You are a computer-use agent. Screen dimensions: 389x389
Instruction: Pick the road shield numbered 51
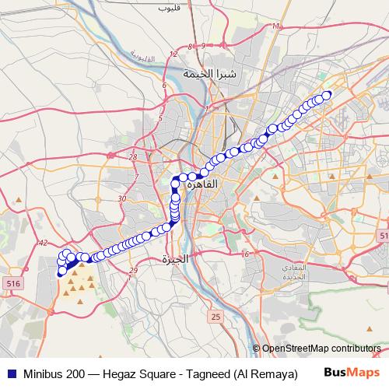click(x=383, y=235)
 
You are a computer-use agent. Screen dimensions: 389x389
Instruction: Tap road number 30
click(x=121, y=199)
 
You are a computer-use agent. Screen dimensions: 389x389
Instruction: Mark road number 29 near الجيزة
click(x=133, y=270)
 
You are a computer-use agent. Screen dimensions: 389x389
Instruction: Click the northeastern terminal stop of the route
click(x=327, y=95)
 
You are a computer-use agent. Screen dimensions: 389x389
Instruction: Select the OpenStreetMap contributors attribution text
click(x=321, y=349)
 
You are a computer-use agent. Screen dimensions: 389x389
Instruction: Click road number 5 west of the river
click(x=159, y=118)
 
